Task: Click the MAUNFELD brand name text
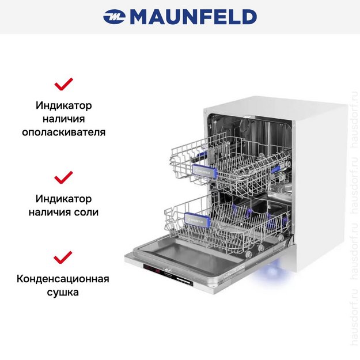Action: point(193,17)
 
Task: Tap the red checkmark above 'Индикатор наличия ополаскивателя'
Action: point(63,85)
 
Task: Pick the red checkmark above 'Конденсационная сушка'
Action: point(63,257)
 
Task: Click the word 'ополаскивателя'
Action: point(63,132)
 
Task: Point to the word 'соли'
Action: point(86,212)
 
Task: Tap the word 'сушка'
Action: point(63,292)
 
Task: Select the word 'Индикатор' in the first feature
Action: point(63,107)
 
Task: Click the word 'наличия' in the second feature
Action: point(52,212)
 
